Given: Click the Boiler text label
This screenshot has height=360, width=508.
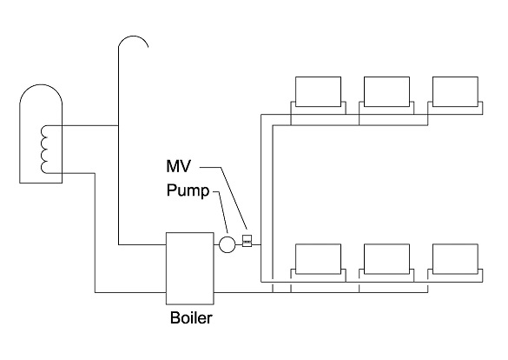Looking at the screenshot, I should coord(190,317).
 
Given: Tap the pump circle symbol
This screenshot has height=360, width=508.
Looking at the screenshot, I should coord(228,244).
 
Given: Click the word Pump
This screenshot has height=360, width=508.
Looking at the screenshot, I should coord(188,191).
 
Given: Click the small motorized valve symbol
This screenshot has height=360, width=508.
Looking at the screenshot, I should coord(247,242).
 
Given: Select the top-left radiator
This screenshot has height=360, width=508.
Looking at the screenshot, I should coord(319,91).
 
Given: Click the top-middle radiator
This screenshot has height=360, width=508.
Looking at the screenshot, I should coord(386,91).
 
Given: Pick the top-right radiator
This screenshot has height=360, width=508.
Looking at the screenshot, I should coord(455,91).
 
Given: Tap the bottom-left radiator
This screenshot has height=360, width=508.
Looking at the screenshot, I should coord(319,258).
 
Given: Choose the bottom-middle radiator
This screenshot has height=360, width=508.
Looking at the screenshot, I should coord(386,258).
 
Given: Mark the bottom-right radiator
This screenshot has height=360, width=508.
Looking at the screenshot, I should coord(455,258).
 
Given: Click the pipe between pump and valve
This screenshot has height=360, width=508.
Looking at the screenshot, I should coord(239,244).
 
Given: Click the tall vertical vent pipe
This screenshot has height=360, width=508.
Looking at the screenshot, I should coord(118,148).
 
